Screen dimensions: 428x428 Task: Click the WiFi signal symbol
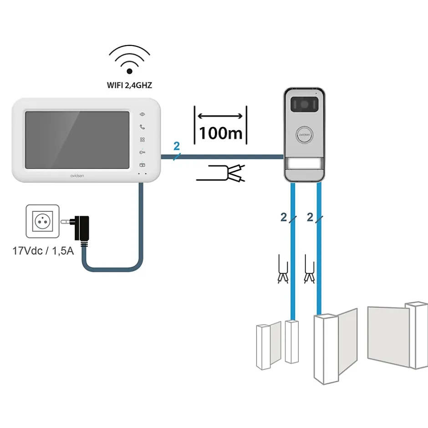tap(129, 60)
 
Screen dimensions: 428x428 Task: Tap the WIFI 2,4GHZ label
tap(129, 84)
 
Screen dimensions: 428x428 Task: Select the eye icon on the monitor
tap(143, 114)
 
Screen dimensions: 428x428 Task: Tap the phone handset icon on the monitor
tap(143, 127)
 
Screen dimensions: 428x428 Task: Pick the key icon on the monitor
tap(143, 153)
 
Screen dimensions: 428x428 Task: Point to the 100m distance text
tap(220, 133)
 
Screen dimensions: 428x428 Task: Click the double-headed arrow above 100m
tap(220, 117)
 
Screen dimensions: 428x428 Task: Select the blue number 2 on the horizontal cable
tap(177, 146)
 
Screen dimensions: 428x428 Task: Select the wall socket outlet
tap(42, 221)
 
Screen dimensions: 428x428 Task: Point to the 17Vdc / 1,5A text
tap(43, 250)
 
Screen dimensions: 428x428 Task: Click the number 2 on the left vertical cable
tap(284, 218)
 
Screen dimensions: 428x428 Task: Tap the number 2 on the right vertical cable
tap(310, 218)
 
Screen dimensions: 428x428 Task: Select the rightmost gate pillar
tap(418, 335)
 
